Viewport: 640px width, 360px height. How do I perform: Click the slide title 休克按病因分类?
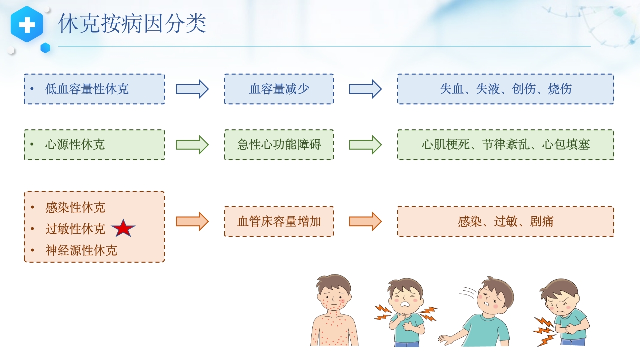132,24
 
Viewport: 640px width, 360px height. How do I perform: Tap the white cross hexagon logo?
27,24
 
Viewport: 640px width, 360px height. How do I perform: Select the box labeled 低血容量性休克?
94,89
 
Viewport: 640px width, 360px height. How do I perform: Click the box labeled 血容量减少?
279,89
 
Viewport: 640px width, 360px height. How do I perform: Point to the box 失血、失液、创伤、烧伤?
505,89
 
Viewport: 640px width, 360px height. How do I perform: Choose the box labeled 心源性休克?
94,145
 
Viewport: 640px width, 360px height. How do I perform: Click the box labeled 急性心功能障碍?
279,145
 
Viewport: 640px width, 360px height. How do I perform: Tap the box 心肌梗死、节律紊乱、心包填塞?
505,145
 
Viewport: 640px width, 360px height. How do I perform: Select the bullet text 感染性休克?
75,207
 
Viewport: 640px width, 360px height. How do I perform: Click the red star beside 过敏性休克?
123,229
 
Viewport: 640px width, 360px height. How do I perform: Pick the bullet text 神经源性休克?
81,250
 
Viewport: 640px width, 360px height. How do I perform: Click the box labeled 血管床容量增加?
279,221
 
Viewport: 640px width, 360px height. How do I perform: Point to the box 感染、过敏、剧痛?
505,221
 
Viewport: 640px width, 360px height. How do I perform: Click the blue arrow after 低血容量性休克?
192,89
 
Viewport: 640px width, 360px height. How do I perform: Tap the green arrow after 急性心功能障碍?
365,145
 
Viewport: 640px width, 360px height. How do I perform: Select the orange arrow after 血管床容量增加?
365,221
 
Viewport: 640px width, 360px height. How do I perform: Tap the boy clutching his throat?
405,312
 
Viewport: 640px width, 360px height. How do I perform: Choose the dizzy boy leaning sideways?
482,312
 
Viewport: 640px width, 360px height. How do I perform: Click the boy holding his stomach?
562,312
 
